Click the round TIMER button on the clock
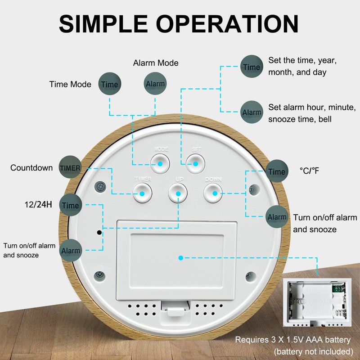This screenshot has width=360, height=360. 142,193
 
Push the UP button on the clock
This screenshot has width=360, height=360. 178,193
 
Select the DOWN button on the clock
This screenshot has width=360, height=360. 214,193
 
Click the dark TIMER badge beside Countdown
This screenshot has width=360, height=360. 70,167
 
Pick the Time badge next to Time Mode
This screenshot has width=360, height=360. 109,84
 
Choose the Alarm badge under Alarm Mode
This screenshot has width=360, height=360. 155,84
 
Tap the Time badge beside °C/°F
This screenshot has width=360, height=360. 276,171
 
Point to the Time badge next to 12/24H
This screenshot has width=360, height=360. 70,205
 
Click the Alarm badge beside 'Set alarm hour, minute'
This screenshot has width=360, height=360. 252,112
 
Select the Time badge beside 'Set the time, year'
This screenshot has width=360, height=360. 252,67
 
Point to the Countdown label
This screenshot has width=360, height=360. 31,168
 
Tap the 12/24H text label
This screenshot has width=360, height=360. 38,205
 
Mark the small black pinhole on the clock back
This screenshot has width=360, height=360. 99,233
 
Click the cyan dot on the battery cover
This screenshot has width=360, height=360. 180,258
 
